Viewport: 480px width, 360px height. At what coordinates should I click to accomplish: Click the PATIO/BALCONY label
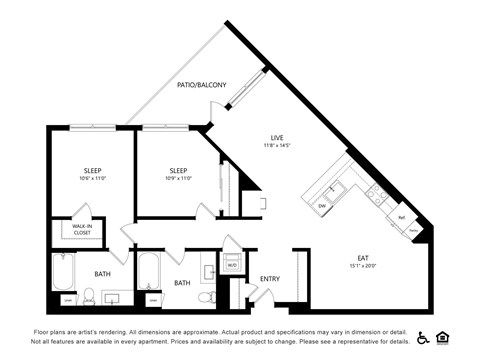point(201,86)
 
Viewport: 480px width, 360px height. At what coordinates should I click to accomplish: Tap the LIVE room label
point(277,137)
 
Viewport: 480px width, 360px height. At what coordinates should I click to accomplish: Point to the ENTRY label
point(269,279)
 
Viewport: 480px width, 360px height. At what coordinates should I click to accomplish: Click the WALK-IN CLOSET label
point(81,229)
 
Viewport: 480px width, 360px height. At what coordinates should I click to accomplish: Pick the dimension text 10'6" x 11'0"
point(92,178)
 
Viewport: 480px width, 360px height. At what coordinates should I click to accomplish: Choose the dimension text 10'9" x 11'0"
point(178,178)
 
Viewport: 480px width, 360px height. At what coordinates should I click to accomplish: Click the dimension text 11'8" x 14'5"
point(277,146)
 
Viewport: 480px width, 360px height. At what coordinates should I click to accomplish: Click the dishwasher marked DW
point(323,206)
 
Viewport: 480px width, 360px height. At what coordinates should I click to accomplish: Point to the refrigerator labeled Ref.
point(401,217)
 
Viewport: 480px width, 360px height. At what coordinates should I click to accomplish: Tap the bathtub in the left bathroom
point(63,272)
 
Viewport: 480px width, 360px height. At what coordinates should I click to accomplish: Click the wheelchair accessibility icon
point(422,337)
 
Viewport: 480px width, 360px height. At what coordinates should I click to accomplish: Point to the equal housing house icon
point(443,337)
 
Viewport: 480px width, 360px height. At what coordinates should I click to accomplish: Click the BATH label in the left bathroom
point(102,273)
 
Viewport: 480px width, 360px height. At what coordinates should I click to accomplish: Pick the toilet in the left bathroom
point(88,297)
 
